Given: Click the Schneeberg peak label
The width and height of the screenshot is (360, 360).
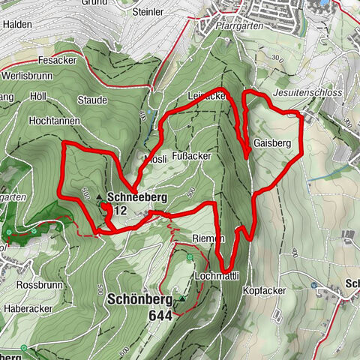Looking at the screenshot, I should click(136, 197).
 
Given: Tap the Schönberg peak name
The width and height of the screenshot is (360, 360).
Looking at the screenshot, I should click(142, 297).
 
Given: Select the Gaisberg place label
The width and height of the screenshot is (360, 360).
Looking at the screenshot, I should click(271, 142).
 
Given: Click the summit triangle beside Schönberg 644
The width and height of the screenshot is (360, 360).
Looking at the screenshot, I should click(181, 298).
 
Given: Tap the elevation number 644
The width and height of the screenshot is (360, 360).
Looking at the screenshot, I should click(160, 316).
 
